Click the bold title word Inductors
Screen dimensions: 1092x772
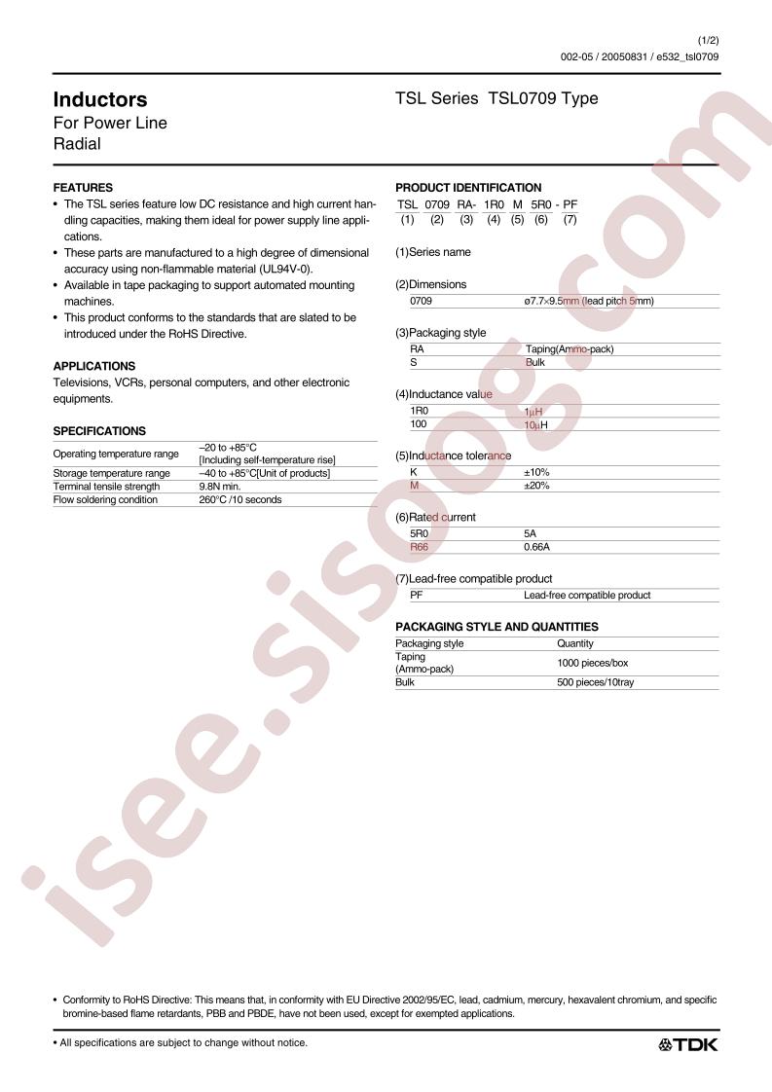click(99, 99)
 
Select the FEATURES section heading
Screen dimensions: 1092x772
click(82, 188)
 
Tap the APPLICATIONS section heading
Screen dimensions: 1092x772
click(93, 366)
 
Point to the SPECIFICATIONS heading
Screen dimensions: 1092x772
click(98, 431)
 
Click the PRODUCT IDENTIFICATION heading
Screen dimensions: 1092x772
click(468, 188)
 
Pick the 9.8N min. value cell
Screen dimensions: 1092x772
click(219, 487)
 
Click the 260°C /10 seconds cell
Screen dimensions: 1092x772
click(239, 500)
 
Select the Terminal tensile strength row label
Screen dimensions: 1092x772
click(106, 487)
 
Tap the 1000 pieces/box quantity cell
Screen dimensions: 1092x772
click(593, 663)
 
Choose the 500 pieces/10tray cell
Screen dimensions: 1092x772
click(596, 683)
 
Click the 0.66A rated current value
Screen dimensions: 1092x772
click(538, 548)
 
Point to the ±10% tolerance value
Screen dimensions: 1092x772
click(536, 472)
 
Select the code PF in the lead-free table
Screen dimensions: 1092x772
click(417, 596)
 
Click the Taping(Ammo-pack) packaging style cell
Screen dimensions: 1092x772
click(569, 349)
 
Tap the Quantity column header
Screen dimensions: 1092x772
click(574, 643)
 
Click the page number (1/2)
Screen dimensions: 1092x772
click(709, 40)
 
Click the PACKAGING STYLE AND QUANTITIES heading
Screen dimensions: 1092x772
click(496, 627)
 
